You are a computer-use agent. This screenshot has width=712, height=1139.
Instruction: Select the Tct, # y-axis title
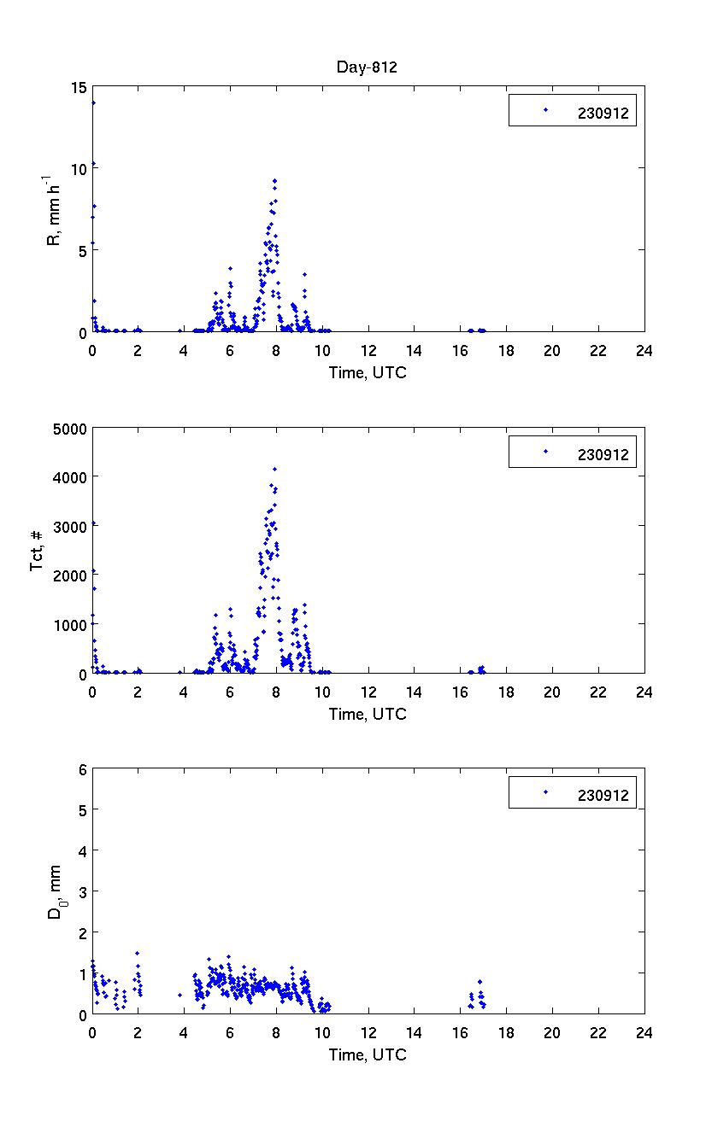[37, 550]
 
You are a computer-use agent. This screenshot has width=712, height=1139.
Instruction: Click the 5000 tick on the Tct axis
[71, 428]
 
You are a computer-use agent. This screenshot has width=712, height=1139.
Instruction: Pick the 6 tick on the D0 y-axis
[82, 769]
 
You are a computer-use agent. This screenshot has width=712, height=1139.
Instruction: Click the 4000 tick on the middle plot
[71, 476]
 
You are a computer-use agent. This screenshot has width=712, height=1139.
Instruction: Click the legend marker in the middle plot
[544, 451]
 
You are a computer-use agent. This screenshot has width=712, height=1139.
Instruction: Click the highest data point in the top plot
[93, 102]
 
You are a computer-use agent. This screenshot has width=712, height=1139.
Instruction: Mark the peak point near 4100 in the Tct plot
[274, 469]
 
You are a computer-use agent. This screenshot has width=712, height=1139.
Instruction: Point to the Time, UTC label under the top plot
[368, 373]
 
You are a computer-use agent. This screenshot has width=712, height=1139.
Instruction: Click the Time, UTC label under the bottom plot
[368, 1055]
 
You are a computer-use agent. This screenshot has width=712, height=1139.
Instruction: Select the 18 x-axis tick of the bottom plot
[506, 1031]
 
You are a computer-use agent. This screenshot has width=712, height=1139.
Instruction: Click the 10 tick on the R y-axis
[79, 168]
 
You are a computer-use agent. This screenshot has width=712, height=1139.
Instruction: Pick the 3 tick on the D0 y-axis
[82, 891]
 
